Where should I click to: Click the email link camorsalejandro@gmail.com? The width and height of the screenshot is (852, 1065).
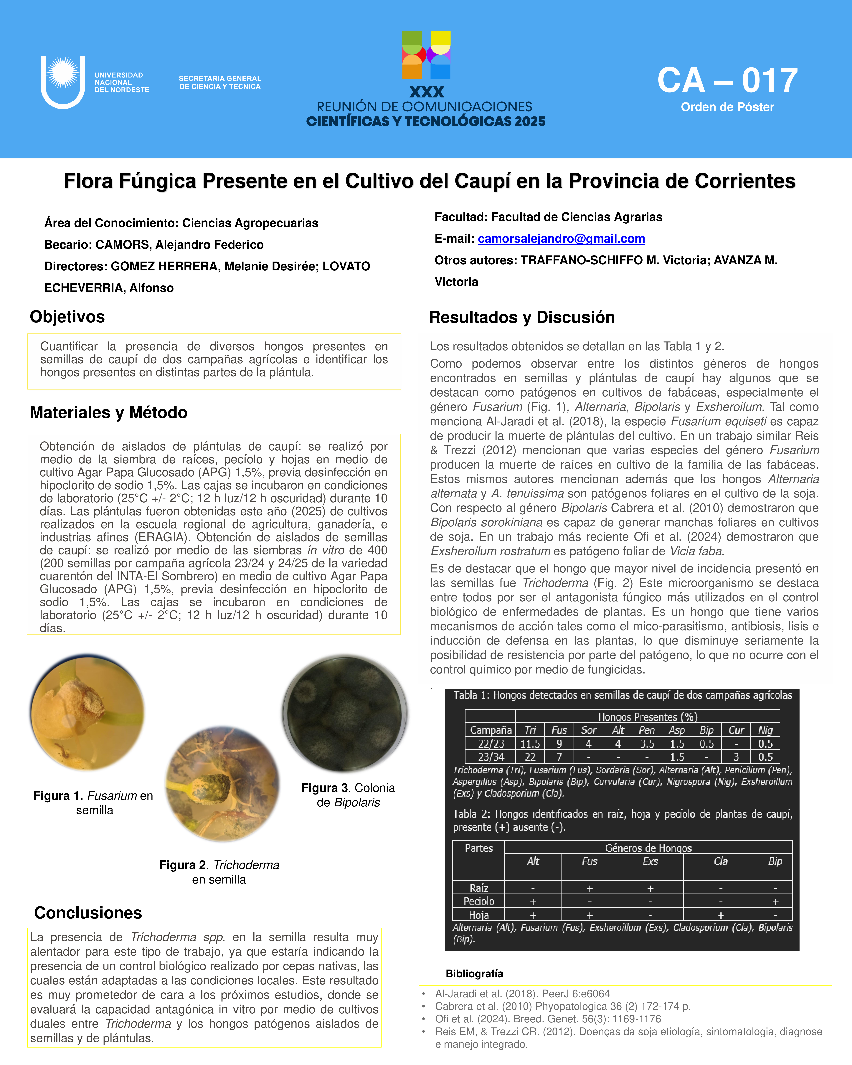561,239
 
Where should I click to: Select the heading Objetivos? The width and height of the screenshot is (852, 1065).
67,317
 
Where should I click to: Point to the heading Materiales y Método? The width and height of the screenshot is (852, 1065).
109,412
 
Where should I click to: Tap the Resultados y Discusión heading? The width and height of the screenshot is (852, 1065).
522,317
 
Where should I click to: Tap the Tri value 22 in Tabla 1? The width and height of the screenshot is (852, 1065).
530,757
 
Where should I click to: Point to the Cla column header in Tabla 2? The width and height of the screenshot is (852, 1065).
721,861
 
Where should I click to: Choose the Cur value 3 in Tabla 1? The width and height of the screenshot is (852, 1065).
736,757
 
